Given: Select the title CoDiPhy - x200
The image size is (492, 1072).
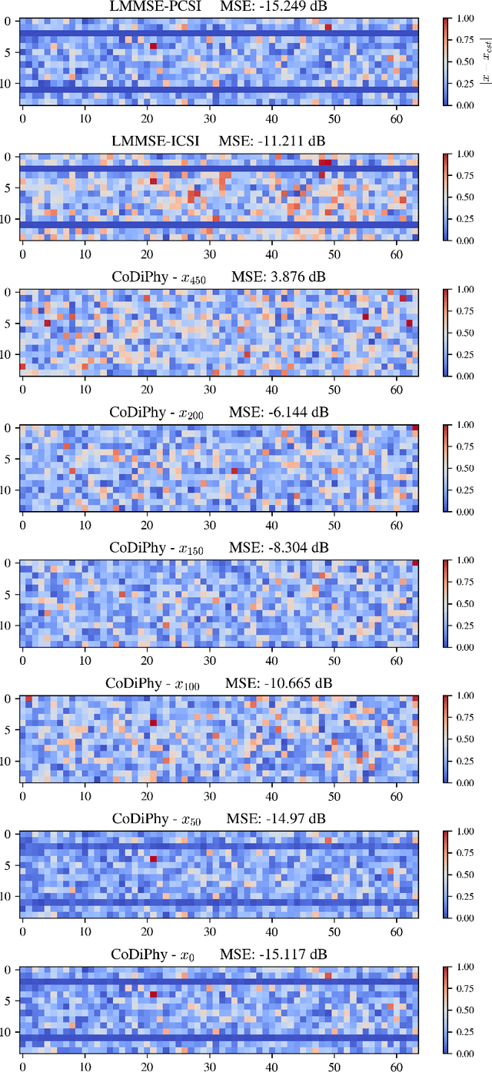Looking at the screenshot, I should click(158, 413).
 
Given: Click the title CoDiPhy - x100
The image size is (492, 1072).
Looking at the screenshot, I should click(152, 683).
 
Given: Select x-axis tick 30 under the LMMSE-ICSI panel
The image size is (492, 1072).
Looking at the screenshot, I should click(209, 254).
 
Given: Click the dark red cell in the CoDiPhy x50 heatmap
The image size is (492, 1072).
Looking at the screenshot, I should click(153, 859).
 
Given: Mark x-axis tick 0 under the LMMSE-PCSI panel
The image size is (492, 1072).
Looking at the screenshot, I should click(22, 118).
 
